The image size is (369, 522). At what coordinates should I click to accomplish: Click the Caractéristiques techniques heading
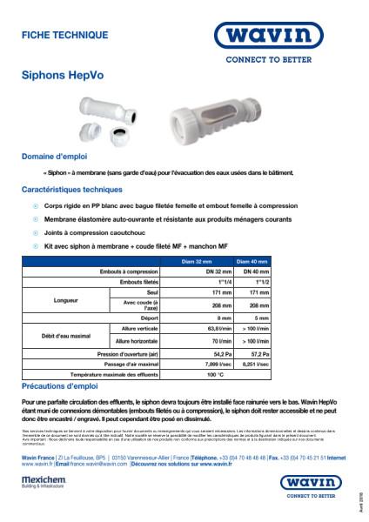[72, 189]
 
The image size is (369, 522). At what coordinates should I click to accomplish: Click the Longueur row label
[42, 300]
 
